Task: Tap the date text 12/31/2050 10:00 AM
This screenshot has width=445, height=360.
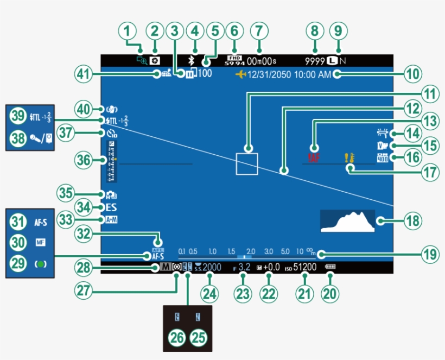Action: [289, 75]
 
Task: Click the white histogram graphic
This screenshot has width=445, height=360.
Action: [347, 222]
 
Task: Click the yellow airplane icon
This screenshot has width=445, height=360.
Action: [240, 75]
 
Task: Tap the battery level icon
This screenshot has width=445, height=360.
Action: [330, 268]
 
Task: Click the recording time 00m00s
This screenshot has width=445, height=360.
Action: [262, 61]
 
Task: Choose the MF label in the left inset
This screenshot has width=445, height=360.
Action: [41, 243]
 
